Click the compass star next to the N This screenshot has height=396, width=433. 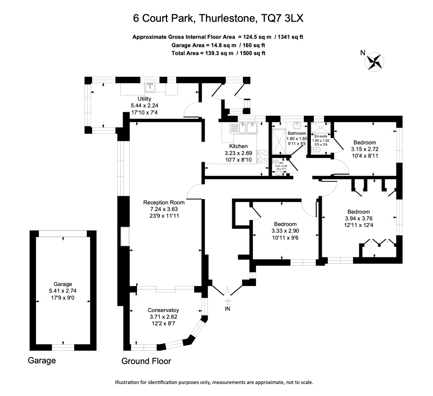tap(374, 62)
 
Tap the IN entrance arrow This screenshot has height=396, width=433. tap(227, 302)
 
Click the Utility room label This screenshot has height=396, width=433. tap(144, 99)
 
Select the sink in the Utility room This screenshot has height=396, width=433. tap(150, 88)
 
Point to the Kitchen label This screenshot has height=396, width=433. tap(238, 146)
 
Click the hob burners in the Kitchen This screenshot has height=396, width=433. tap(263, 157)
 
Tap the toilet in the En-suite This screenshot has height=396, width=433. tap(316, 149)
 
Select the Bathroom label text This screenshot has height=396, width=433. tap(297, 133)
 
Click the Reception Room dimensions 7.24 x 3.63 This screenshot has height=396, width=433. tap(164, 209)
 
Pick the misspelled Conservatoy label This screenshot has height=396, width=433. tap(163, 310)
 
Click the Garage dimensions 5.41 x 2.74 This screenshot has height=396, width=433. tap(63, 291)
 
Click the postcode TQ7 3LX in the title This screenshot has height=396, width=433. tap(282, 18)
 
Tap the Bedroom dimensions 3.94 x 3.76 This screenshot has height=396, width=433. tap(359, 219)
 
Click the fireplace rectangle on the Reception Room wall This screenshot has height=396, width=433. tap(125, 237)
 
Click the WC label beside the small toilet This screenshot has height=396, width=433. tap(281, 163)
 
